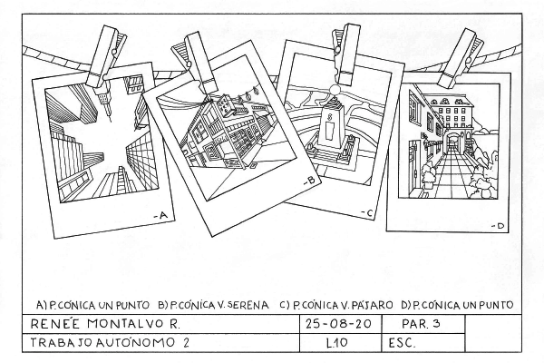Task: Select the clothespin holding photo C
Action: click(345, 54)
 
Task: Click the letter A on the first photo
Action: click(163, 216)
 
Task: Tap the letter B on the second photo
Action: click(311, 180)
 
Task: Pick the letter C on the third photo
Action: click(369, 214)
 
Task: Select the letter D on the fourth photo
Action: click(500, 226)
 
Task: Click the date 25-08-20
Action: click(338, 324)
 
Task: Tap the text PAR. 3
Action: click(421, 324)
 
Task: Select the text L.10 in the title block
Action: click(336, 343)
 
